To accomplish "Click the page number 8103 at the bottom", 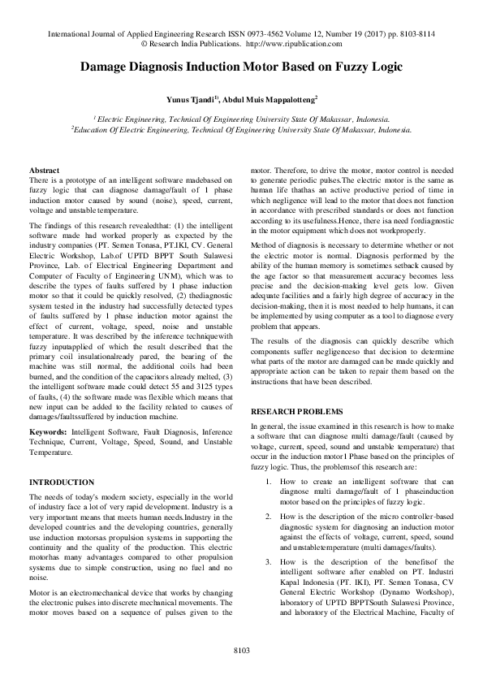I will pyautogui.click(x=241, y=650).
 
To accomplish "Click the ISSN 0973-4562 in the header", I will pyautogui.click(x=257, y=36).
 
